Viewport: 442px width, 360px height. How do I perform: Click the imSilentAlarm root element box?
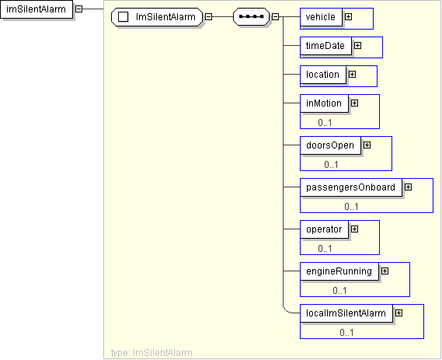pos(37,9)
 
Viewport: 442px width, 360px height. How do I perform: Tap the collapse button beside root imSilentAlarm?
pos(79,9)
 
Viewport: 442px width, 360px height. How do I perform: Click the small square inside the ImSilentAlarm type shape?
pos(124,17)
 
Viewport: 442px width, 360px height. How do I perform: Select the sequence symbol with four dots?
pos(251,17)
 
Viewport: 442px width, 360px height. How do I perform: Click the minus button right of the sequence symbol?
pos(276,17)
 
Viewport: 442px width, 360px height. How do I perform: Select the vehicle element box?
pos(321,17)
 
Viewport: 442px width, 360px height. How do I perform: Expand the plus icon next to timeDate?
pos(357,45)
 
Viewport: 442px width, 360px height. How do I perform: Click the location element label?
pos(323,75)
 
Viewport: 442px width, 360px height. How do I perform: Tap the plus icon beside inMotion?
pos(355,103)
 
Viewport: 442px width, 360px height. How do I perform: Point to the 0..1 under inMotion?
pos(325,122)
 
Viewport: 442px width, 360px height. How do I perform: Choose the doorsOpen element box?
pos(330,145)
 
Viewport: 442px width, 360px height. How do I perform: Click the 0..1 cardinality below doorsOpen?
pos(331,165)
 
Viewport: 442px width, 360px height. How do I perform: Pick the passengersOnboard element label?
pos(350,187)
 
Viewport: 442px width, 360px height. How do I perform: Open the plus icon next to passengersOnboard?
pos(408,187)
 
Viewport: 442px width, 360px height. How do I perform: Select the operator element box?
pos(324,229)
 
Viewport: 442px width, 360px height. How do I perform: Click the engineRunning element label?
pos(339,271)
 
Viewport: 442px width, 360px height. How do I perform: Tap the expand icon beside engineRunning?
pos(385,271)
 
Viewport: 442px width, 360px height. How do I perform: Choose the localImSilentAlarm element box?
pos(346,313)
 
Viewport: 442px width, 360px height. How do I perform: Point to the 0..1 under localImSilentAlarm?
pos(346,332)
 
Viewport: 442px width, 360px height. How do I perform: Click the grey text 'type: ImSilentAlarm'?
pos(151,353)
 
